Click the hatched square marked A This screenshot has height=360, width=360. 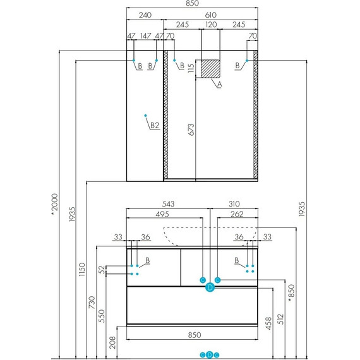(210, 68)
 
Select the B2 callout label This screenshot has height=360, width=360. (154, 125)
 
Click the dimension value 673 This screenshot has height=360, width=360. (190, 129)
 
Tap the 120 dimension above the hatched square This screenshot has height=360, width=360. (210, 26)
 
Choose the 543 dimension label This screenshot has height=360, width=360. (168, 204)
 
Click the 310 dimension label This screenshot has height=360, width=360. (234, 204)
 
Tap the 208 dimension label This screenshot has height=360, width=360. (112, 341)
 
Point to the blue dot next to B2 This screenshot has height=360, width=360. (145, 116)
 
